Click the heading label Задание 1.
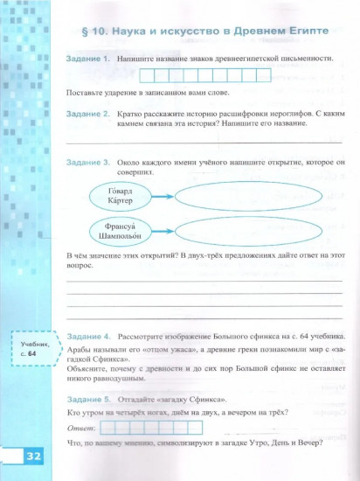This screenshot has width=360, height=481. (87, 58)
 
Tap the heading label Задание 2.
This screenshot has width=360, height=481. (87, 115)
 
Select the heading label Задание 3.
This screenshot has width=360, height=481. (87, 163)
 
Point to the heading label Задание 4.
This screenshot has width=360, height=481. (87, 337)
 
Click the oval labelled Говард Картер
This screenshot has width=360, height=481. (120, 195)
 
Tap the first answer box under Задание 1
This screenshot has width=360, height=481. (148, 75)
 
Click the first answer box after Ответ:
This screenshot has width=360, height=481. (110, 428)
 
